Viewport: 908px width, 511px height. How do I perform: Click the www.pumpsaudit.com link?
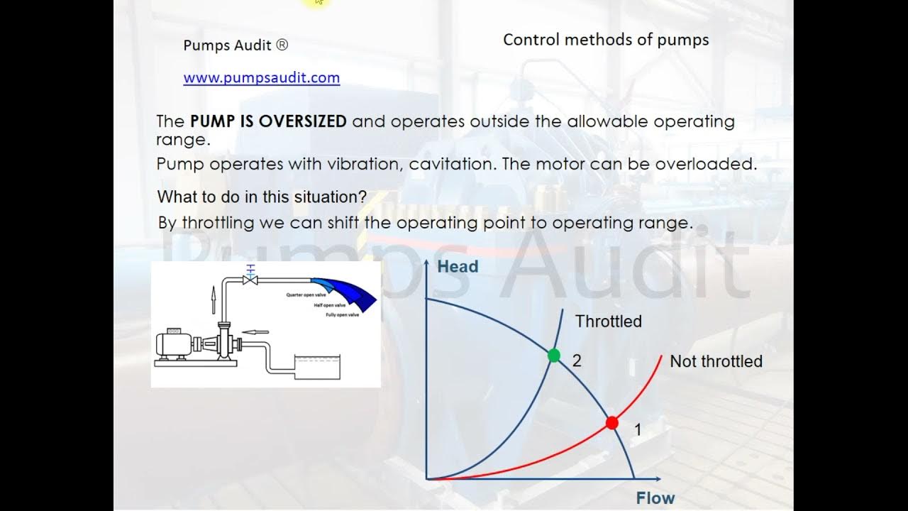click(x=261, y=78)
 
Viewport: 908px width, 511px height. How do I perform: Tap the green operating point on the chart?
click(x=554, y=355)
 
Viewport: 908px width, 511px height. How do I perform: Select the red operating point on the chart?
click(x=611, y=423)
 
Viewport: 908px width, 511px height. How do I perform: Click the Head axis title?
click(x=458, y=267)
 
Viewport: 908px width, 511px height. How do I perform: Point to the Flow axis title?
click(x=655, y=498)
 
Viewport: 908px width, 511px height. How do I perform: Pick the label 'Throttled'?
click(x=608, y=322)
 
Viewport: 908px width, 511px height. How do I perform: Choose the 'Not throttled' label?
click(x=716, y=361)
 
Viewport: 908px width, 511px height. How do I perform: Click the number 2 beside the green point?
click(x=577, y=361)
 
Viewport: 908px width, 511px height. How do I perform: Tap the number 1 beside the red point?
click(x=638, y=429)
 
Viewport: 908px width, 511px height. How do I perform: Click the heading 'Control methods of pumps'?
click(x=606, y=40)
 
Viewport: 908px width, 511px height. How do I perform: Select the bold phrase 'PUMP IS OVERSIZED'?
click(x=268, y=121)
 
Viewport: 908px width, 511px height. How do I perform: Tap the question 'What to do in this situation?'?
click(x=262, y=197)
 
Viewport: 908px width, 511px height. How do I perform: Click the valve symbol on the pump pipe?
click(x=249, y=279)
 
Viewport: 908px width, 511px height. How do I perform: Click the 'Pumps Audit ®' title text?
click(x=236, y=45)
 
